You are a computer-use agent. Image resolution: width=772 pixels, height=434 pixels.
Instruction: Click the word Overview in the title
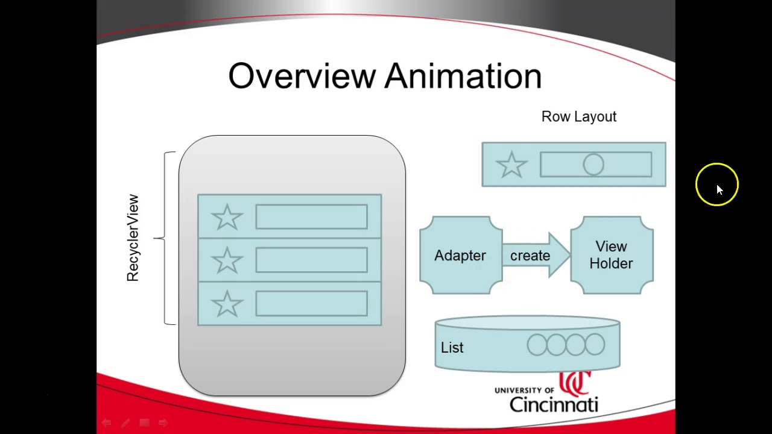click(302, 77)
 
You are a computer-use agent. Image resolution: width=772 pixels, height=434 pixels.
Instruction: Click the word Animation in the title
click(463, 77)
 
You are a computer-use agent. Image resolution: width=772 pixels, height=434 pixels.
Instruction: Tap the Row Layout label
click(578, 117)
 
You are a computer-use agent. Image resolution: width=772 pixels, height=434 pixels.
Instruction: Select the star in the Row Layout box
click(511, 165)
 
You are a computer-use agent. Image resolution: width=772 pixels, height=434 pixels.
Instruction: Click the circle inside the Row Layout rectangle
click(593, 165)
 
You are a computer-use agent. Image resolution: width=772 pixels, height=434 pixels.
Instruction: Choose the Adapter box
click(461, 256)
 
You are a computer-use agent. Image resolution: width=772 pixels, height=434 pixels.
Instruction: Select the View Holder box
click(612, 256)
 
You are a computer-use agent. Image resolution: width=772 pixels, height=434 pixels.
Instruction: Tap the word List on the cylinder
click(452, 348)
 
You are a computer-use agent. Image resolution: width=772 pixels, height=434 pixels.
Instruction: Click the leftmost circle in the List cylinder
click(537, 345)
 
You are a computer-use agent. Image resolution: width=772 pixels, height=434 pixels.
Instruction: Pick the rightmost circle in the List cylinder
click(595, 345)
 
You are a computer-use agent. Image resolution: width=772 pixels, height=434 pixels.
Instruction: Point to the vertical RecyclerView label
click(133, 238)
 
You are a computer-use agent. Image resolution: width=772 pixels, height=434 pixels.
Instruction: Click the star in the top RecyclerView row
click(227, 217)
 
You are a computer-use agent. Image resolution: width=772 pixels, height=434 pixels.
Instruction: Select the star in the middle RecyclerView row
click(227, 260)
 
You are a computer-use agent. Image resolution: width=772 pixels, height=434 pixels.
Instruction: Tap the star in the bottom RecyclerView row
click(227, 304)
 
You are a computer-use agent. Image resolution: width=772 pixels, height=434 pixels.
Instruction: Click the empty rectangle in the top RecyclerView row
click(311, 217)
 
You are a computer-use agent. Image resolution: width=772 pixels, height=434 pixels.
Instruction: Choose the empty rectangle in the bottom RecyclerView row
click(311, 304)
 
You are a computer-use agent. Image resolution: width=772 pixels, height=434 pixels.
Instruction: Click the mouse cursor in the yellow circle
click(719, 189)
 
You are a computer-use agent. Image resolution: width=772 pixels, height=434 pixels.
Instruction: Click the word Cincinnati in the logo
click(553, 403)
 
